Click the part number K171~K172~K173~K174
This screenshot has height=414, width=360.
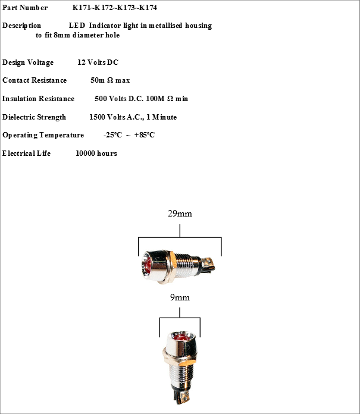click(115, 8)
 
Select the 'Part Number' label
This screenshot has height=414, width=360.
click(25, 8)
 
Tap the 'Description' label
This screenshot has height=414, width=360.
click(22, 26)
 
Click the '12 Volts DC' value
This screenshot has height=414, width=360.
click(98, 62)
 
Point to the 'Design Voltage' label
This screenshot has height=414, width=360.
click(28, 62)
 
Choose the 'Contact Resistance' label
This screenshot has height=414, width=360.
click(35, 80)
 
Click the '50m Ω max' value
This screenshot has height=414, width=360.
click(110, 80)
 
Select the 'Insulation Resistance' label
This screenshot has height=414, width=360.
click(39, 99)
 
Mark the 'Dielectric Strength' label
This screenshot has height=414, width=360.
click(35, 117)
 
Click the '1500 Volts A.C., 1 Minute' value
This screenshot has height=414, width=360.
click(133, 117)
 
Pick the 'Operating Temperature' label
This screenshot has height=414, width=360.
click(43, 135)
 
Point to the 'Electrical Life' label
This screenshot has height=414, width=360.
click(27, 153)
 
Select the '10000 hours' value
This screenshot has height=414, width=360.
click(96, 153)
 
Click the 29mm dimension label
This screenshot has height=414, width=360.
click(180, 214)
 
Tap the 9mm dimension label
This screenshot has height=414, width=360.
click(180, 297)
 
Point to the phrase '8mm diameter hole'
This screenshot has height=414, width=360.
click(90, 35)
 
